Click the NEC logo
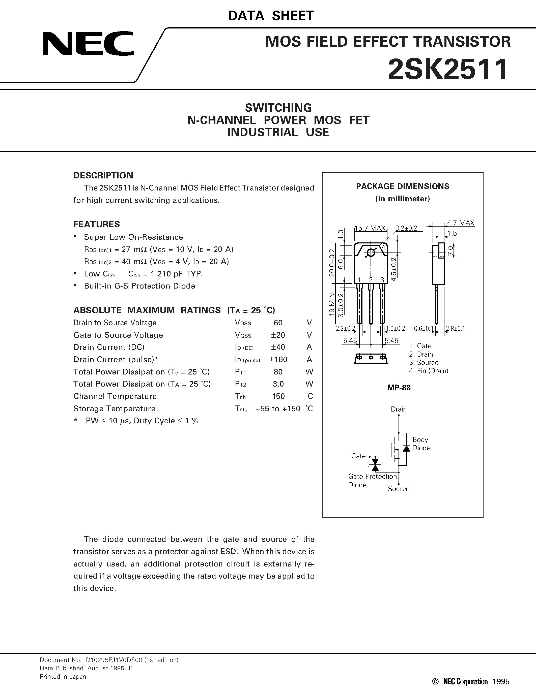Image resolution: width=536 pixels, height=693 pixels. [x=88, y=44]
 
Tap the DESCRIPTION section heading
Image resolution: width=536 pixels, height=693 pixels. [x=103, y=175]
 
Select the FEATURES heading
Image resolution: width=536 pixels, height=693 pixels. [x=97, y=224]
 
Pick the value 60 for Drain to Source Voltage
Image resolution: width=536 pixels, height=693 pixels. [x=278, y=323]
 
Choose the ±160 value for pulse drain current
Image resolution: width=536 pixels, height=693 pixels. [x=278, y=360]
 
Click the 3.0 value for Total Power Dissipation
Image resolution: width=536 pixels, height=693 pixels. [x=278, y=384]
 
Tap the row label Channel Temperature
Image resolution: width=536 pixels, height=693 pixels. [x=115, y=396]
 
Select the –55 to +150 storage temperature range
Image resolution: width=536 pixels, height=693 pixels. [x=278, y=409]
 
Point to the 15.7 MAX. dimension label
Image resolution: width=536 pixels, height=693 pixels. [x=370, y=228]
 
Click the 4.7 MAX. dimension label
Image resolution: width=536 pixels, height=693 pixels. [x=461, y=223]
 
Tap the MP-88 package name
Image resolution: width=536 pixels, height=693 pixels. [x=399, y=388]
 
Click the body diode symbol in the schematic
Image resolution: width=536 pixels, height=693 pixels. [x=406, y=448]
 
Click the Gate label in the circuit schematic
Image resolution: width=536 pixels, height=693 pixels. [x=358, y=456]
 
